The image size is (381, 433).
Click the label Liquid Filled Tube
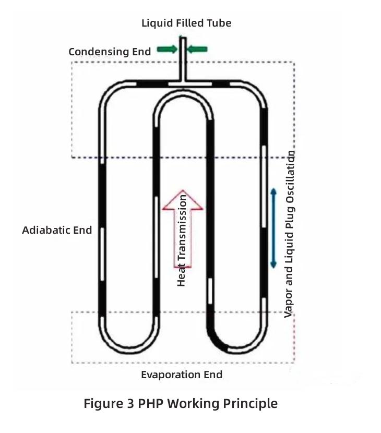point(186,23)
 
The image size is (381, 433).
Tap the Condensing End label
point(110,52)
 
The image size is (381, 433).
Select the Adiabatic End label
point(57,230)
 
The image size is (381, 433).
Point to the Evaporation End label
point(182,375)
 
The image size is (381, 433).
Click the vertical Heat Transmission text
point(182,240)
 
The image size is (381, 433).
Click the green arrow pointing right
point(167,49)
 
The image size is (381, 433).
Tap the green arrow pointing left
point(197,49)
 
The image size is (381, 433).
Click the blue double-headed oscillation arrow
point(273,228)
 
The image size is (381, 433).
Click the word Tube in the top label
point(219,23)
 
